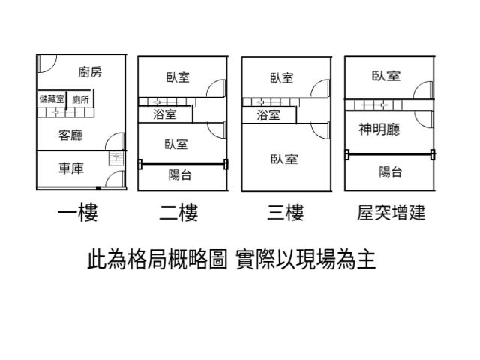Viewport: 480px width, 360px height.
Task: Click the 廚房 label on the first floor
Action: coord(89,72)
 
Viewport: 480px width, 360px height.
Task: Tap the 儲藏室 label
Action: coord(52,99)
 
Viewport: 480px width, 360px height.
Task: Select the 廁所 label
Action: coord(80,99)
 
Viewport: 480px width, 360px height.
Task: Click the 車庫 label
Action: coord(71,169)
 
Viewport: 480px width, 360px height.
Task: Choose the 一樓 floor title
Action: coord(78,214)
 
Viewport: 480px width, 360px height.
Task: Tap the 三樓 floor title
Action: coord(285,214)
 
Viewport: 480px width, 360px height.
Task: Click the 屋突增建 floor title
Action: coord(391,214)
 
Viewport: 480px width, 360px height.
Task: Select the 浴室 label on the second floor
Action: coord(164,115)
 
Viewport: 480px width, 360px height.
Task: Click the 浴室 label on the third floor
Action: coord(268,115)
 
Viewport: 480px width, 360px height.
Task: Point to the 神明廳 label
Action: coord(379,130)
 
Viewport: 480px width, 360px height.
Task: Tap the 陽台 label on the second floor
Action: coord(179,175)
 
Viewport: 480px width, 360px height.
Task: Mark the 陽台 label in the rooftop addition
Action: coord(390,172)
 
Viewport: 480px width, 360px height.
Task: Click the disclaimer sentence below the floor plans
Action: coord(232,260)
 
